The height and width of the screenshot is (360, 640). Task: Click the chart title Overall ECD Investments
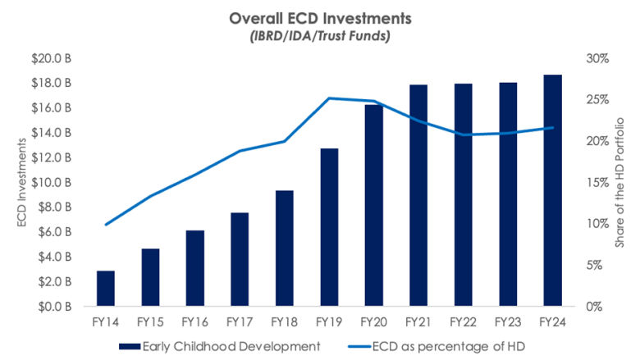pos(319,18)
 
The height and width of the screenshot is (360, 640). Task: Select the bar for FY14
pos(107,288)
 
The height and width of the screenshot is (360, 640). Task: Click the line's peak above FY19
pos(329,98)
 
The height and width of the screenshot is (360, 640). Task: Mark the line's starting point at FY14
pos(107,224)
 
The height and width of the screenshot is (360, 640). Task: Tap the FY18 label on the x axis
pos(284,321)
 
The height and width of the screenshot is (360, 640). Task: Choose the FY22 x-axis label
pos(463,321)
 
